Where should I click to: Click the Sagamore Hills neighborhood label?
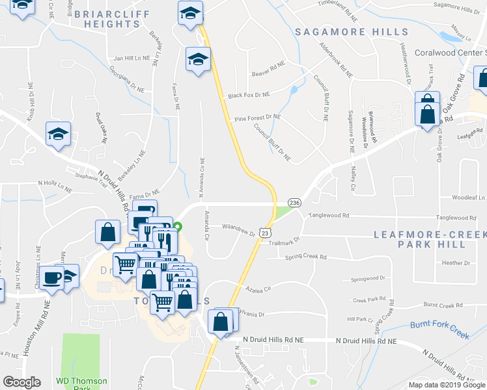(x=352, y=32)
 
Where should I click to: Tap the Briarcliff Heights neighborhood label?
(x=107, y=18)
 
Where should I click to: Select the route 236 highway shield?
(x=294, y=203)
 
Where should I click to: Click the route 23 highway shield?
(x=264, y=232)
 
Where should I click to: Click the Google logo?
(x=21, y=382)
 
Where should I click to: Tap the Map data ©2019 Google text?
(x=447, y=385)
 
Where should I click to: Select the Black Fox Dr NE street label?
(x=249, y=96)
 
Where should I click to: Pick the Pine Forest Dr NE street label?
(x=257, y=118)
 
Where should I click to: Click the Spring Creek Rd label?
(x=305, y=257)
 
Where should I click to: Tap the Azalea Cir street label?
(x=257, y=288)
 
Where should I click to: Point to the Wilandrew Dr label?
(x=238, y=228)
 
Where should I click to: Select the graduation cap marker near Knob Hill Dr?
(x=58, y=134)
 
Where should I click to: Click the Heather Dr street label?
(x=456, y=263)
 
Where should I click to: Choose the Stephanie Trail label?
(x=90, y=175)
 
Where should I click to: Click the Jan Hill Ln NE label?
(x=132, y=58)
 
